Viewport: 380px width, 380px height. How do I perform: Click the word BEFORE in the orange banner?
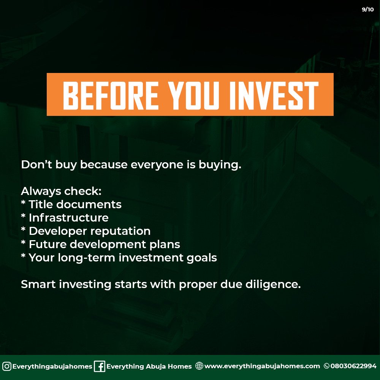tap(111, 95)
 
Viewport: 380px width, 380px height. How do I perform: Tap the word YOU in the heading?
tap(193, 95)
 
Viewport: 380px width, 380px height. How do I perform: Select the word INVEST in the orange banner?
tap(274, 95)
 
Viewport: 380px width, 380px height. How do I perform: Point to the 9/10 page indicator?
tap(367, 9)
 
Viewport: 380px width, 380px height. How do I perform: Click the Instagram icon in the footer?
tap(7, 366)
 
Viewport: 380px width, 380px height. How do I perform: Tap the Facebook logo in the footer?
tap(99, 366)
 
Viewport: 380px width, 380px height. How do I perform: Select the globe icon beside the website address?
tap(199, 366)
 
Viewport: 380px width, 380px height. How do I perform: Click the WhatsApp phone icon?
tap(326, 366)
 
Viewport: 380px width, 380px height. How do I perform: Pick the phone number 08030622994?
tap(353, 366)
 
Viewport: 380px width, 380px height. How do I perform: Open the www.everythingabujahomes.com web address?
tap(262, 366)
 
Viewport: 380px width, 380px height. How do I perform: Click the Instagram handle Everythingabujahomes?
tap(52, 366)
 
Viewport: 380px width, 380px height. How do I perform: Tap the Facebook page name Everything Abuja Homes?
tap(149, 366)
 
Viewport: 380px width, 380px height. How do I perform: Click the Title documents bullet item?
tap(71, 204)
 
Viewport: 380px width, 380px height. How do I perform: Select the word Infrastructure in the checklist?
tap(68, 218)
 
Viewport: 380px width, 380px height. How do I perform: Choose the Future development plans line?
tap(100, 244)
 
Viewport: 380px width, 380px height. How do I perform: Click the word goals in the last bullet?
tap(202, 258)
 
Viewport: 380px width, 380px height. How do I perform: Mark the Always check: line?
tap(61, 191)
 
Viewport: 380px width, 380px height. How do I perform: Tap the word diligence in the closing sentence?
tap(273, 284)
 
